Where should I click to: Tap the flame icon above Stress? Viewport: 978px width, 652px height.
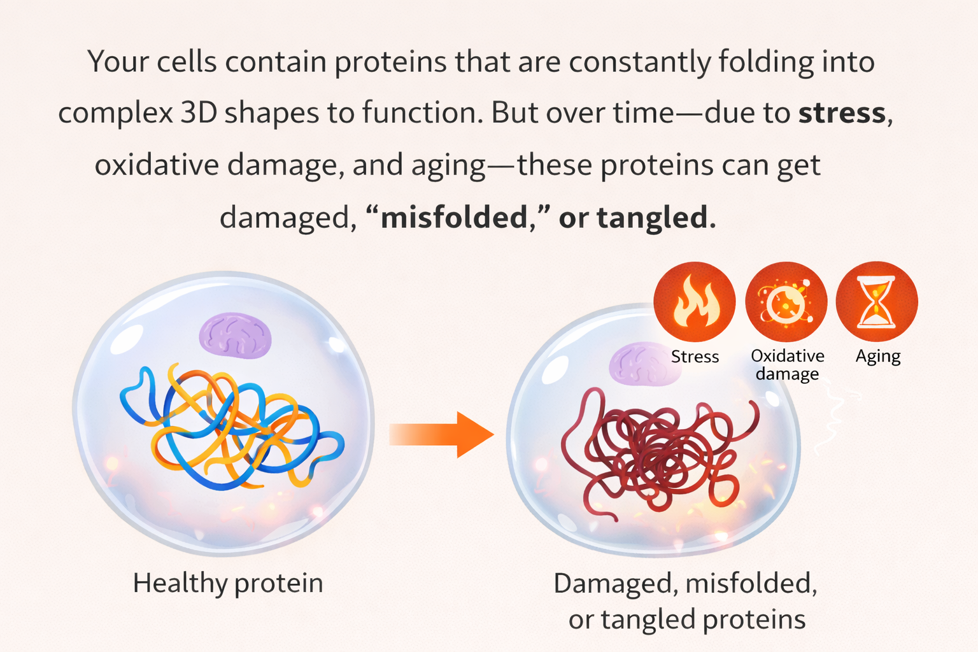695,302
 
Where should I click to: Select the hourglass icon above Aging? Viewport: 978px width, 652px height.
877,302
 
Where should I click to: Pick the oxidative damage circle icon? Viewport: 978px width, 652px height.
786,302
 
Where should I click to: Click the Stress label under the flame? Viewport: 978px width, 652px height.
695,357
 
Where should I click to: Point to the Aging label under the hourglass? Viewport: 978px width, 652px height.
877,357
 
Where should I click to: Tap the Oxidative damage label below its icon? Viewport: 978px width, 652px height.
787,365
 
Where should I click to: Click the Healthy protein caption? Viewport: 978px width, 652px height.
228,583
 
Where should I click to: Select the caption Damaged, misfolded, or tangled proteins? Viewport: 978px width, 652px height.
686,601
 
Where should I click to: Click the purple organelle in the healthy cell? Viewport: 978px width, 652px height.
236,335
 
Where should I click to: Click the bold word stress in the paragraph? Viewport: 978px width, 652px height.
842,113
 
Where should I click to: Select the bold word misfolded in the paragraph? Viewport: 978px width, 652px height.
454,218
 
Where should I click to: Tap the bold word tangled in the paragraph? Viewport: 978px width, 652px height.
652,218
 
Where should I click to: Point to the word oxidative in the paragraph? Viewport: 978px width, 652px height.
157,166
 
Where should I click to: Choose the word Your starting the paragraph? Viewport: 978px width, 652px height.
118,62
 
